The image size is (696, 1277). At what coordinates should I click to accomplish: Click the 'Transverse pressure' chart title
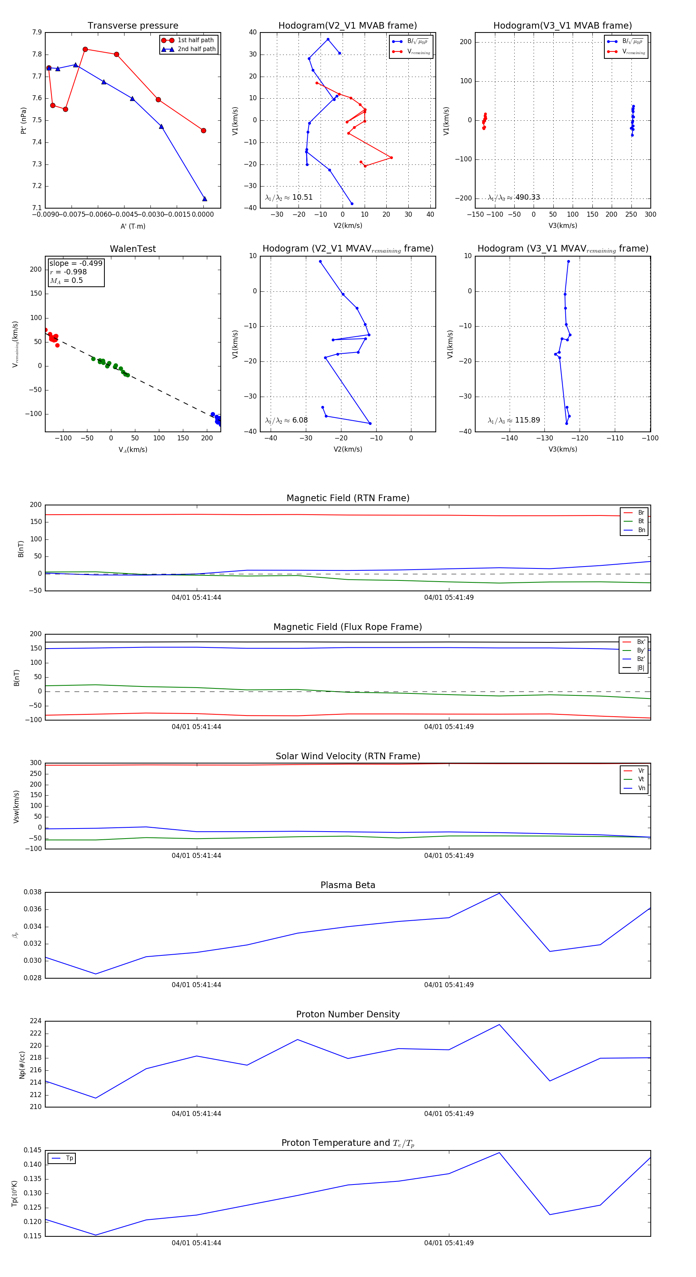click(x=133, y=26)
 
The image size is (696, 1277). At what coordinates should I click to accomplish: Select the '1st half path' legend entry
click(x=195, y=40)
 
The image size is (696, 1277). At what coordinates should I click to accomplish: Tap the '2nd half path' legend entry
click(x=196, y=49)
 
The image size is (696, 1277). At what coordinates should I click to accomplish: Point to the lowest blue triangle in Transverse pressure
click(x=205, y=199)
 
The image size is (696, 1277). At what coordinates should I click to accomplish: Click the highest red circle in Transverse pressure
click(x=85, y=50)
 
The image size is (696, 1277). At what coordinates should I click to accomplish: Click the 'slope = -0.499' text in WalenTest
click(x=76, y=263)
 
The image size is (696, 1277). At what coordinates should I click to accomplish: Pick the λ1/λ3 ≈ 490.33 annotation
click(x=514, y=197)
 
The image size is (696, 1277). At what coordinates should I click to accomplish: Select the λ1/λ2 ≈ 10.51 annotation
click(x=289, y=197)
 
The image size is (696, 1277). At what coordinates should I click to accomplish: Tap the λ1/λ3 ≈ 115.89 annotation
click(x=514, y=420)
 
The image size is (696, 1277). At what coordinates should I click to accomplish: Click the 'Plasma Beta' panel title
click(x=348, y=885)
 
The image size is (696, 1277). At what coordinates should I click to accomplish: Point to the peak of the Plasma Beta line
click(x=499, y=893)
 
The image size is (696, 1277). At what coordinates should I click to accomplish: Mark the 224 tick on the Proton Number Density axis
click(x=36, y=1021)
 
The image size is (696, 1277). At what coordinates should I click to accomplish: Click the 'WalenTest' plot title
click(x=133, y=249)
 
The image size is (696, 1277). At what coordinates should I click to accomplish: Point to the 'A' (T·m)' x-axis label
click(x=133, y=226)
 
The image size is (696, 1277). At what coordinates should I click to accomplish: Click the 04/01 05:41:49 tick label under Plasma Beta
click(x=449, y=985)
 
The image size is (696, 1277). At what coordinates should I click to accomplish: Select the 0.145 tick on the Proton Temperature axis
click(x=33, y=1150)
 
